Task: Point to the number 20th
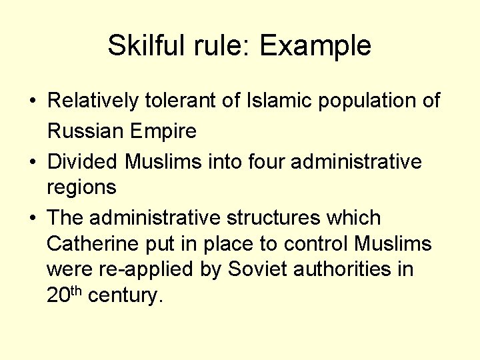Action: pyautogui.click(x=65, y=294)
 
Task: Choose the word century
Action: pyautogui.click(x=125, y=295)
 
